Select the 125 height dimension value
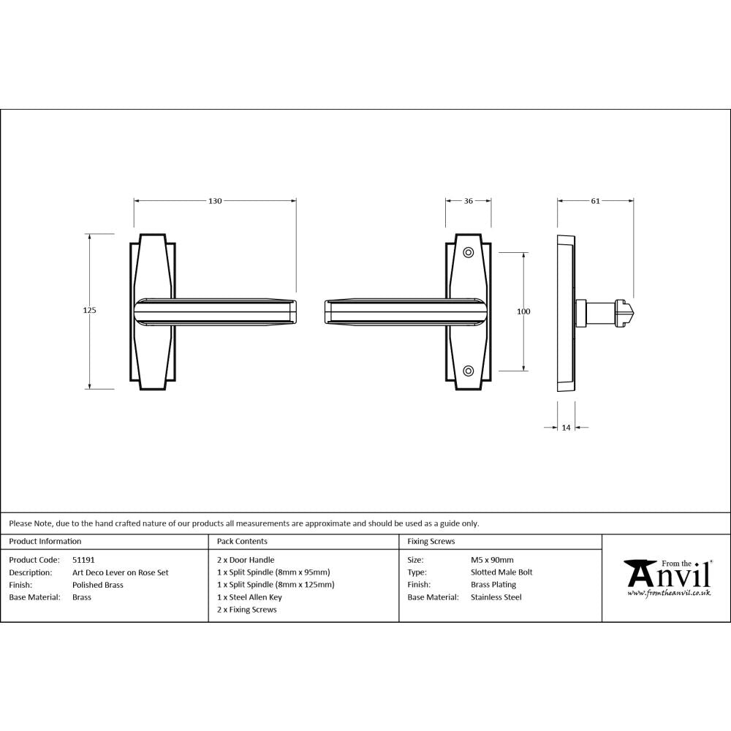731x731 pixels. (90, 311)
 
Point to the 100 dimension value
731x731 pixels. (523, 311)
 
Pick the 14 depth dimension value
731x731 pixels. (566, 428)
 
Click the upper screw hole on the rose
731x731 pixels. (469, 252)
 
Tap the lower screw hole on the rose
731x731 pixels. (469, 370)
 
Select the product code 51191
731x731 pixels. (83, 560)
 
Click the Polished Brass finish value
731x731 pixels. (98, 585)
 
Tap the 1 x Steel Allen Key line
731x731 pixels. (249, 597)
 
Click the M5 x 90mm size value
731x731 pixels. (492, 560)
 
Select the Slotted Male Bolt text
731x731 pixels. (501, 572)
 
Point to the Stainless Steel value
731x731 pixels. (496, 597)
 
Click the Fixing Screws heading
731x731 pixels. (431, 542)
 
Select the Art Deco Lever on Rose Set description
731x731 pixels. (120, 572)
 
